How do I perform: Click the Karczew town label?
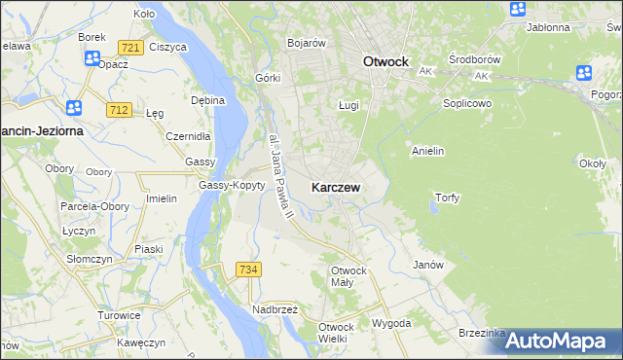337,187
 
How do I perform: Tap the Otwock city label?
385,60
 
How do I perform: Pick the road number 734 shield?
248,269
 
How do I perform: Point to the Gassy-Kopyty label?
232,185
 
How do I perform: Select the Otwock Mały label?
348,275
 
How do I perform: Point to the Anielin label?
428,151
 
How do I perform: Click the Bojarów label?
306,43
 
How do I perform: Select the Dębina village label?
208,99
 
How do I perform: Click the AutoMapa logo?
559,341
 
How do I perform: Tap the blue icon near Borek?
92,58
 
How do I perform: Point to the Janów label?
428,265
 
